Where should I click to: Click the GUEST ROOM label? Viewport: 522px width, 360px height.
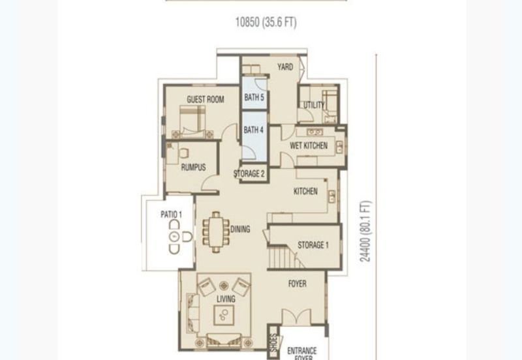206,99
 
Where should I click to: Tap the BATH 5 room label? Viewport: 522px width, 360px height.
254,97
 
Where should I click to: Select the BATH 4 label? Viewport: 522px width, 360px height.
253,130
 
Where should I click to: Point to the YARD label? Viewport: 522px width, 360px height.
285,67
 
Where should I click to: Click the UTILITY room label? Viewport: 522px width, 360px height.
314,105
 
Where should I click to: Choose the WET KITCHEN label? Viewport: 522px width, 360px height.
309,145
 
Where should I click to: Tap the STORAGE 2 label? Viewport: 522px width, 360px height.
249,173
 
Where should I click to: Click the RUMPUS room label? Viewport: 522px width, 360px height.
193,167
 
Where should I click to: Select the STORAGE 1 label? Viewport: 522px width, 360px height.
313,245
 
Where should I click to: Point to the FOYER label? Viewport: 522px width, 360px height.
298,284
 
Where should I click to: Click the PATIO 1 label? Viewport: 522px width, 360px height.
172,215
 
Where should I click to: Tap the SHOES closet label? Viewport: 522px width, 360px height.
273,342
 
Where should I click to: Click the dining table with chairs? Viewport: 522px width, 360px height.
216,232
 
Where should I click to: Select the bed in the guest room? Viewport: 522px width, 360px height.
192,121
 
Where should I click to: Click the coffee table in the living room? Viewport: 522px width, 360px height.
223,315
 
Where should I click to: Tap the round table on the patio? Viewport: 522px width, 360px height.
175,237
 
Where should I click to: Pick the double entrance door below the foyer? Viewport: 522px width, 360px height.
296,317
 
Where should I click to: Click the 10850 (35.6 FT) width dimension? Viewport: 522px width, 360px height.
266,22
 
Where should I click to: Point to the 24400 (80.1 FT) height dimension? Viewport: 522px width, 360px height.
365,232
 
